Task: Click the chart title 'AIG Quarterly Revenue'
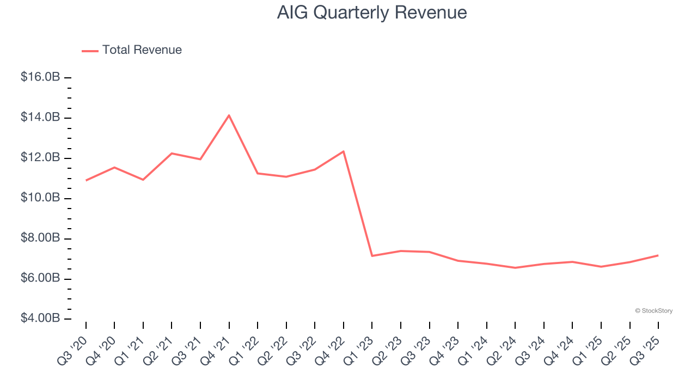point(372,13)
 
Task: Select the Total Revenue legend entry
point(132,50)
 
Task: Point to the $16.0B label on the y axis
point(40,77)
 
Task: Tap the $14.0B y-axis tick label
point(40,118)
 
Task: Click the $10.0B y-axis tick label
point(40,198)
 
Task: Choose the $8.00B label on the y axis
point(40,238)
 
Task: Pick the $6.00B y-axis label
point(40,278)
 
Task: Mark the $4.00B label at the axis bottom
point(40,318)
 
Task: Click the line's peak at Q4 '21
point(229,115)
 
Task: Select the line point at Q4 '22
point(344,151)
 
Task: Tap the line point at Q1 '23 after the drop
point(372,256)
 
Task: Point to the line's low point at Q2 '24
point(515,268)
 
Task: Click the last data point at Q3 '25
point(658,255)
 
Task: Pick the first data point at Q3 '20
point(86,180)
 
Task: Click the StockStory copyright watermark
point(653,311)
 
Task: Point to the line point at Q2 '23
point(401,251)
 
